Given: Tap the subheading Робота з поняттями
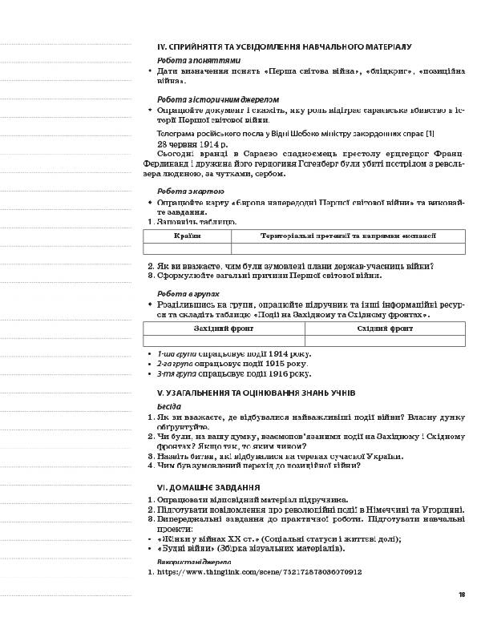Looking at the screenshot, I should click(x=198, y=60).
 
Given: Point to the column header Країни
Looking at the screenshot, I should click(x=187, y=236).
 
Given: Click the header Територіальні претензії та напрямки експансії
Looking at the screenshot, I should click(x=348, y=236).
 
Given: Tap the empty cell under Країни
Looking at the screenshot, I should click(x=187, y=249).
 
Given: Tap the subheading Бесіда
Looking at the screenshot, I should click(x=169, y=406).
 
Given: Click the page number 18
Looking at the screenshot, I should click(x=462, y=595).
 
